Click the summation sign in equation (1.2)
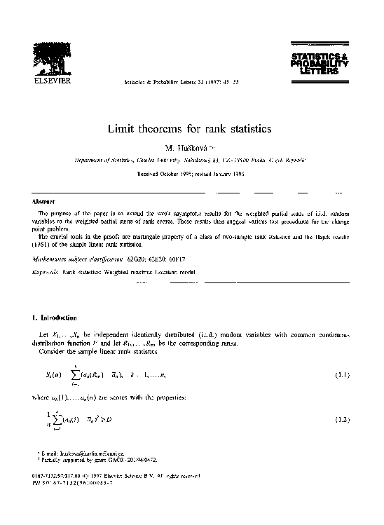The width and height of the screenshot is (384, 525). [51, 420]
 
